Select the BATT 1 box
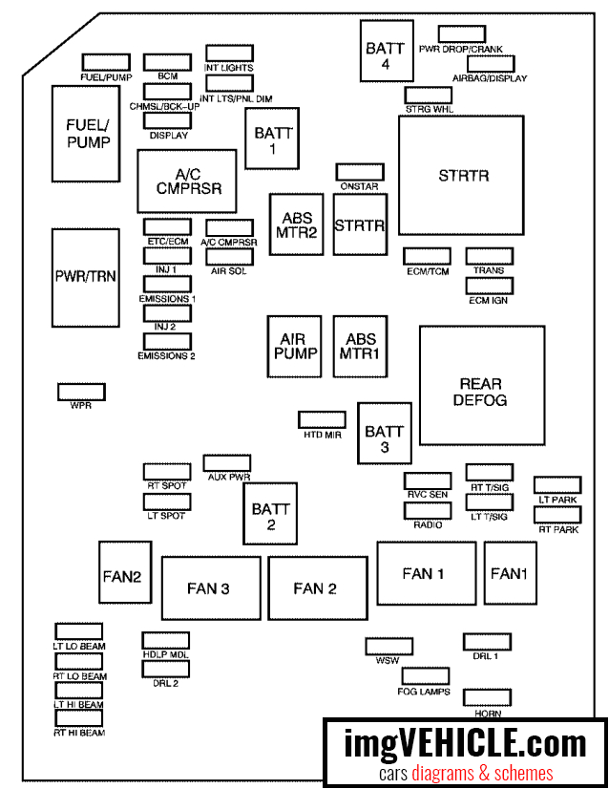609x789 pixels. [x=273, y=140]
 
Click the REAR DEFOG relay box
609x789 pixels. [x=479, y=385]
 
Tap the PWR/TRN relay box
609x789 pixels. [x=86, y=278]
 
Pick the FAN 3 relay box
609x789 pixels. [x=210, y=588]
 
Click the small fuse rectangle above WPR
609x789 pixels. [x=81, y=392]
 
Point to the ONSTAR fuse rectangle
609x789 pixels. [x=359, y=172]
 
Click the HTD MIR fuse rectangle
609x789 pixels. [x=322, y=419]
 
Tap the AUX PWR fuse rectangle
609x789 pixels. [x=226, y=462]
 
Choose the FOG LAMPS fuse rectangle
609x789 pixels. [x=424, y=676]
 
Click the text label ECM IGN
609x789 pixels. [x=490, y=300]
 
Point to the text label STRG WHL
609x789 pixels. [x=429, y=110]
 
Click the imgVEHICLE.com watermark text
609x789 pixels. [x=466, y=742]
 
